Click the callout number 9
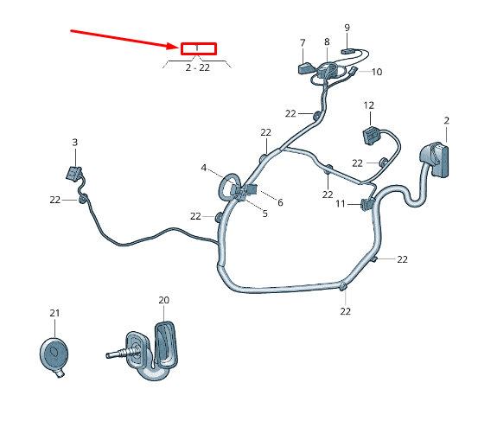tap(347, 28)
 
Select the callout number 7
tap(303, 42)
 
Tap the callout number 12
tap(369, 105)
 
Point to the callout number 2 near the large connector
tap(447, 120)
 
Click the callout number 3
tap(74, 142)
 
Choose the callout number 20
tap(164, 300)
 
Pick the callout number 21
tap(54, 313)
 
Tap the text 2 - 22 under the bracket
tap(198, 67)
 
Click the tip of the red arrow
tap(178, 47)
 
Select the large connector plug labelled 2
tap(436, 159)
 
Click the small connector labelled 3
tap(74, 173)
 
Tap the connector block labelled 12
tap(371, 136)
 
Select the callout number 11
tap(341, 203)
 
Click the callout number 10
tap(377, 72)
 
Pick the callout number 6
tap(280, 202)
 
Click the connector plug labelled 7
tap(305, 68)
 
